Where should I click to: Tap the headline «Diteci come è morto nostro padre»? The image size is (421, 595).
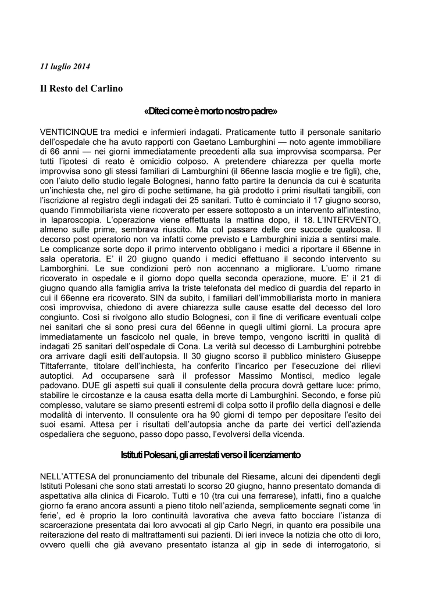click(211, 110)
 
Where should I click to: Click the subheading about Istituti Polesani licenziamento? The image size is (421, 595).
click(211, 454)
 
